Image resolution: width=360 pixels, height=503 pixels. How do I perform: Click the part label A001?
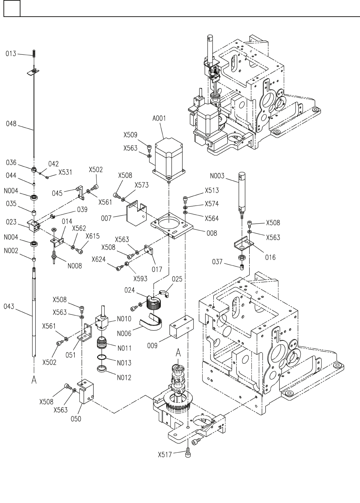tap(159, 118)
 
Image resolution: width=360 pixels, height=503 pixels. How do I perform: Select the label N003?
tap(217, 176)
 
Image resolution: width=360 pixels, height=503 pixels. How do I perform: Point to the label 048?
tap(11, 124)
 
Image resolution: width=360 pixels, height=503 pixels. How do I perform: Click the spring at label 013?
tap(34, 54)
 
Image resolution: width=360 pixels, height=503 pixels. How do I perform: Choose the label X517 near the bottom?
tap(165, 455)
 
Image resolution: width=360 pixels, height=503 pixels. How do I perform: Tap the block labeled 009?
tap(182, 327)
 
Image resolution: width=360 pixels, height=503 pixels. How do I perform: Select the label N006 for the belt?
tap(124, 333)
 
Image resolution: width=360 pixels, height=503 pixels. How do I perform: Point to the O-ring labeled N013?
tap(101, 357)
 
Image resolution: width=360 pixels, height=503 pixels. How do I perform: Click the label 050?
tap(76, 419)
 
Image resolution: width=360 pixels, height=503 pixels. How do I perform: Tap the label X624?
tap(98, 259)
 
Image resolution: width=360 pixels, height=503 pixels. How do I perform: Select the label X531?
tap(65, 172)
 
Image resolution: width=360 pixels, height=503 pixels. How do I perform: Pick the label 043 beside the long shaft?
tap(9, 306)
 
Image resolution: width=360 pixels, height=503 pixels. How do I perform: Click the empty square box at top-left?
tap(12, 8)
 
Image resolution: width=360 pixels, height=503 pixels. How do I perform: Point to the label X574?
tap(212, 204)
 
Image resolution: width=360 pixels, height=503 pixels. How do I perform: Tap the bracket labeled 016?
tap(244, 243)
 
